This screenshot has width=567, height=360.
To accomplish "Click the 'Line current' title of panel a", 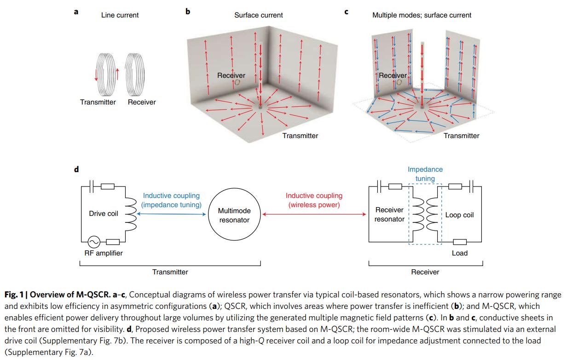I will (x=120, y=15).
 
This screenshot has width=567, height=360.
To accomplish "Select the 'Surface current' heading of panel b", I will (x=259, y=15).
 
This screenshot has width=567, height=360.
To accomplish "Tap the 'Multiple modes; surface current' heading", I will (x=422, y=15).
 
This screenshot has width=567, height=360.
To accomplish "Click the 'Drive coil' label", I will (x=104, y=214).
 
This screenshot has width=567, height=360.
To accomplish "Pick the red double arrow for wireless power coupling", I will (x=314, y=215).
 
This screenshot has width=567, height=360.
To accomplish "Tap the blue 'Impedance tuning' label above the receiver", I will (x=425, y=174).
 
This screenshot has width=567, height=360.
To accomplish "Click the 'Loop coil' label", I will (x=459, y=215).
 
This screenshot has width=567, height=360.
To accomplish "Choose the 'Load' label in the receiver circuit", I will (x=459, y=253).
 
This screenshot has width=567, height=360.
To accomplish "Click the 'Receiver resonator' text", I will (x=389, y=215).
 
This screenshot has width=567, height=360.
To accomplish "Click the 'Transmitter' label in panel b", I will (x=300, y=136).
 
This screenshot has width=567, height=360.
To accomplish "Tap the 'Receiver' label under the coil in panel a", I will (x=142, y=102).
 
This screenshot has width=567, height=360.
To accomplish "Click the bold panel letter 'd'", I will (x=76, y=169).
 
